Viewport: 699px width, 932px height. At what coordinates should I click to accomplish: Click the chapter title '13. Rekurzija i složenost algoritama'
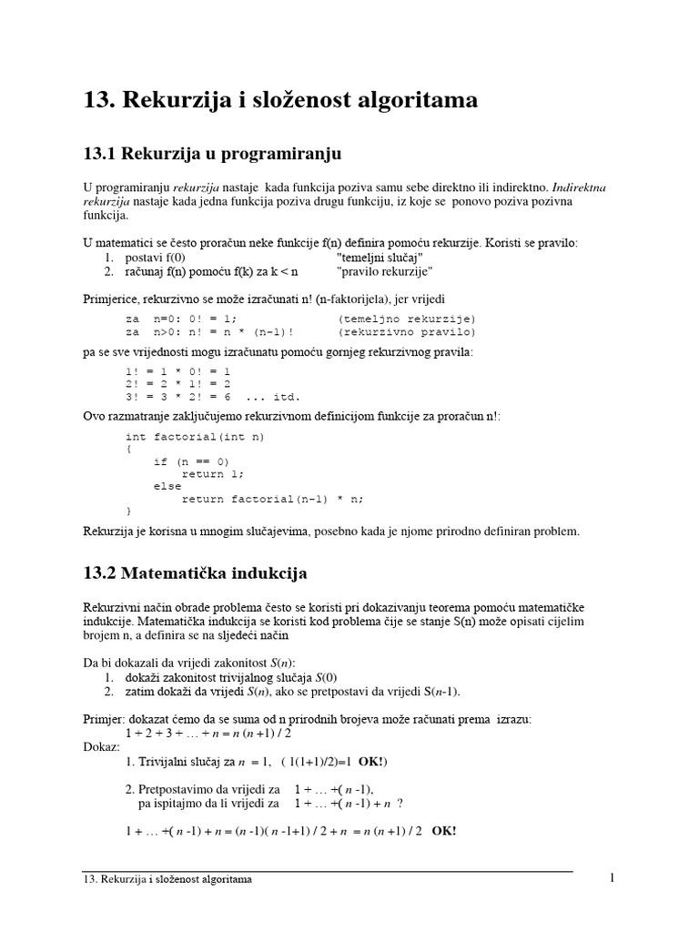coord(279,100)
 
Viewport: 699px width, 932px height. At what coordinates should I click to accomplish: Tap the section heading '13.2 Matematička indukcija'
coord(195,573)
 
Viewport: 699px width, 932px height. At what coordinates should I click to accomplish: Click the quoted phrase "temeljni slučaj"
coord(380,258)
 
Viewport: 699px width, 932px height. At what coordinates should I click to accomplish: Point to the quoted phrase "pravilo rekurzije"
coord(384,271)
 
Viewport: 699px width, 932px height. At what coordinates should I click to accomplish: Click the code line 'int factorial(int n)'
coord(195,437)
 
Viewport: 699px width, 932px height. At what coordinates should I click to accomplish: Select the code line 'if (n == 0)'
coord(192,461)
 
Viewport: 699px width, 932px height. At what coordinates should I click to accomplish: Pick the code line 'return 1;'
coord(214,474)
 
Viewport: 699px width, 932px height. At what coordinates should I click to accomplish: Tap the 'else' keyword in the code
coord(167,486)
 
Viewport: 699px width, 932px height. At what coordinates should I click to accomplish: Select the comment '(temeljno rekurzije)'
coord(406,319)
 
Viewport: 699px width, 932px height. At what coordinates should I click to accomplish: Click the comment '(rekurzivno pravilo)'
coord(406,332)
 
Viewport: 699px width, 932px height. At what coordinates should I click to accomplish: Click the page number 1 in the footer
coord(613,877)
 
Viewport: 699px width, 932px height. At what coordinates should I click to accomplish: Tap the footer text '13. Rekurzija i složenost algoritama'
coord(167,880)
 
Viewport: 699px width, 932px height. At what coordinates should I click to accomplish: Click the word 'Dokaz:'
coord(101,745)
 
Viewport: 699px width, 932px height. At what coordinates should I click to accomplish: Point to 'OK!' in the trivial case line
coord(373,761)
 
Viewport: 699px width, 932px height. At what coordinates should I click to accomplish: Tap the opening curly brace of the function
coord(128,449)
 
